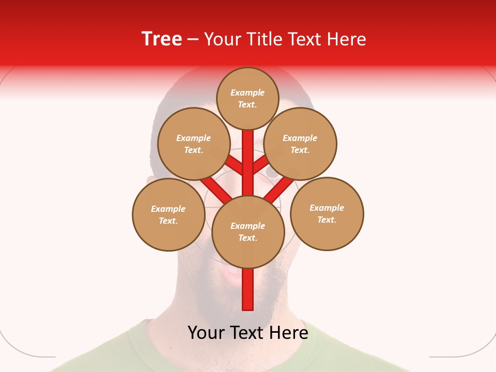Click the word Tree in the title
(162, 39)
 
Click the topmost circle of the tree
(247, 98)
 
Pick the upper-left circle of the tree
(194, 144)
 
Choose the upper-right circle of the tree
(300, 144)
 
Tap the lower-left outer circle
(168, 214)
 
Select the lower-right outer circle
(327, 213)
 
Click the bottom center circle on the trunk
(248, 231)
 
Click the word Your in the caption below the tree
(206, 333)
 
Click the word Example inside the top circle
(247, 92)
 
